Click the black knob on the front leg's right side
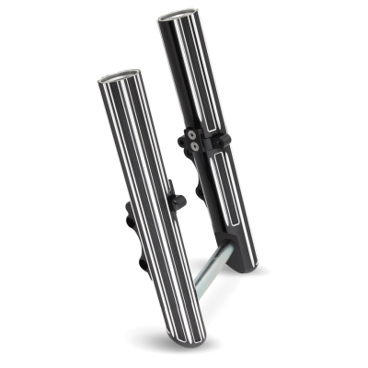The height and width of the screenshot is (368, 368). tap(178, 200)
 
